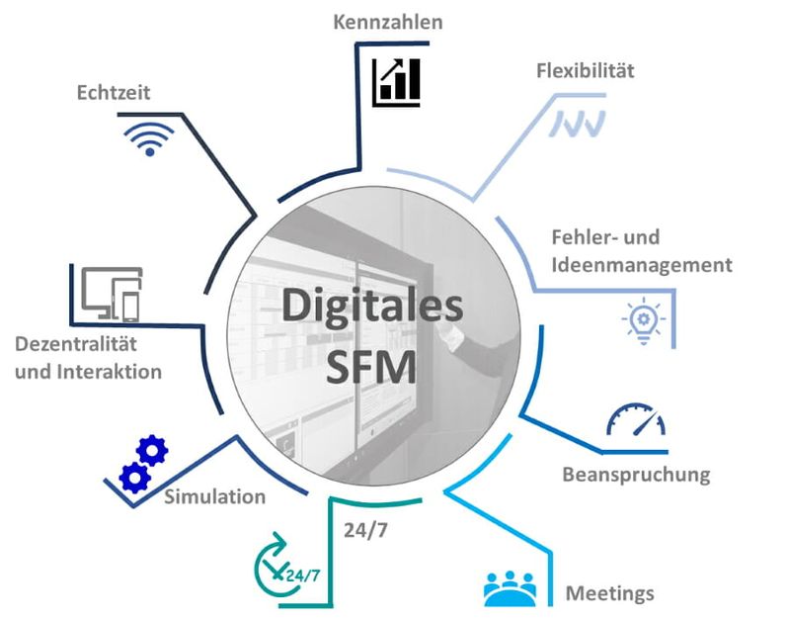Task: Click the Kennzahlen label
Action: coord(387,22)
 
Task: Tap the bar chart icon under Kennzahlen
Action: coord(396,82)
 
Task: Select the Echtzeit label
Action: coord(114,93)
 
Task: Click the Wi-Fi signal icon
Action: coord(149,139)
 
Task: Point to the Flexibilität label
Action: coord(586,70)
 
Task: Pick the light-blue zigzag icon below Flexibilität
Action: coord(577,124)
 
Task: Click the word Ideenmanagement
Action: coord(642,265)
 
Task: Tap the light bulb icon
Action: coord(644,321)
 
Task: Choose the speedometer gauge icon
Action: coord(636,419)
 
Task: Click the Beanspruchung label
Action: coord(636,475)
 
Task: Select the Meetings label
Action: coord(610,593)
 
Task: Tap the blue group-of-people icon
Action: coord(510,588)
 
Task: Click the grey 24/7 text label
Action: coord(365,530)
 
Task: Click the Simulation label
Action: coord(215,497)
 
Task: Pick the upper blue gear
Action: coord(152,451)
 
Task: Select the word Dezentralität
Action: coord(76,344)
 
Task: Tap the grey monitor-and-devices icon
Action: coord(113,295)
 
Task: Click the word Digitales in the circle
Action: coord(372,306)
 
